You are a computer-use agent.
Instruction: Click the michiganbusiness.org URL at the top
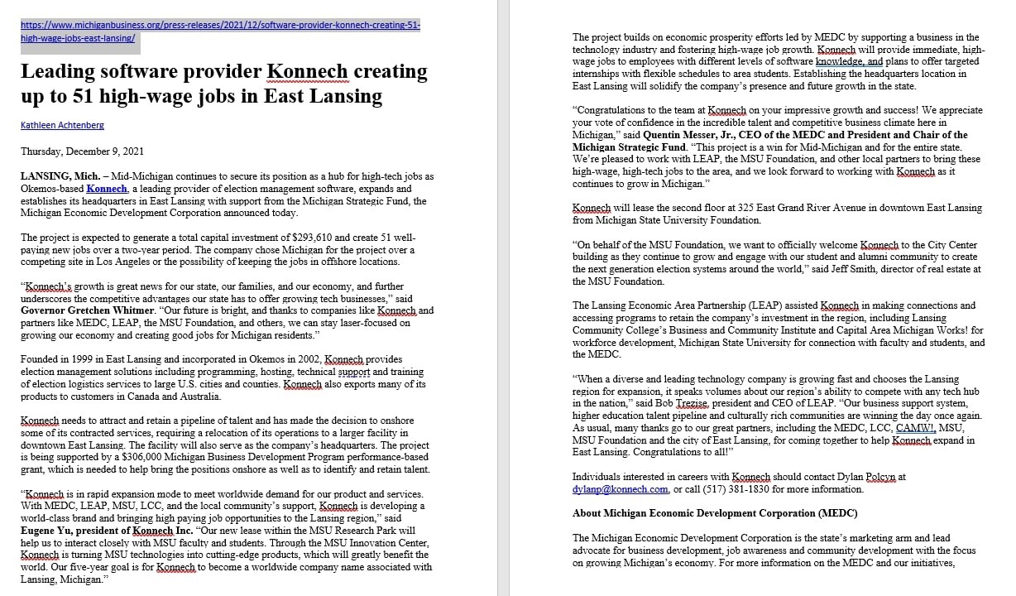[220, 26]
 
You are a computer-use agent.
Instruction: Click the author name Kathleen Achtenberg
[63, 125]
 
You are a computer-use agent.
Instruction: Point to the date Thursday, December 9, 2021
[82, 151]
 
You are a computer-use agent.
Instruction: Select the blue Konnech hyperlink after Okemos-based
[107, 189]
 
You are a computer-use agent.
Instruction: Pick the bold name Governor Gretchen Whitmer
[83, 310]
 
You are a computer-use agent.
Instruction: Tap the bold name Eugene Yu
[46, 530]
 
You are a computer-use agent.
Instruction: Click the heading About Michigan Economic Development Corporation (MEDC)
[715, 513]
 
